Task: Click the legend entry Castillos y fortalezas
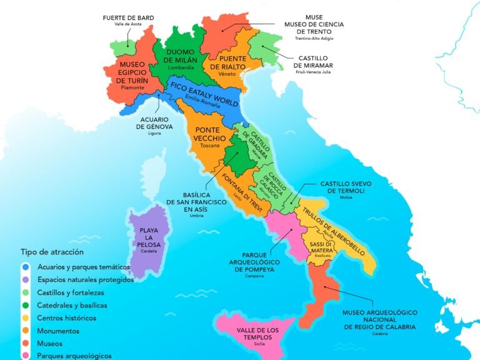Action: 70,292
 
